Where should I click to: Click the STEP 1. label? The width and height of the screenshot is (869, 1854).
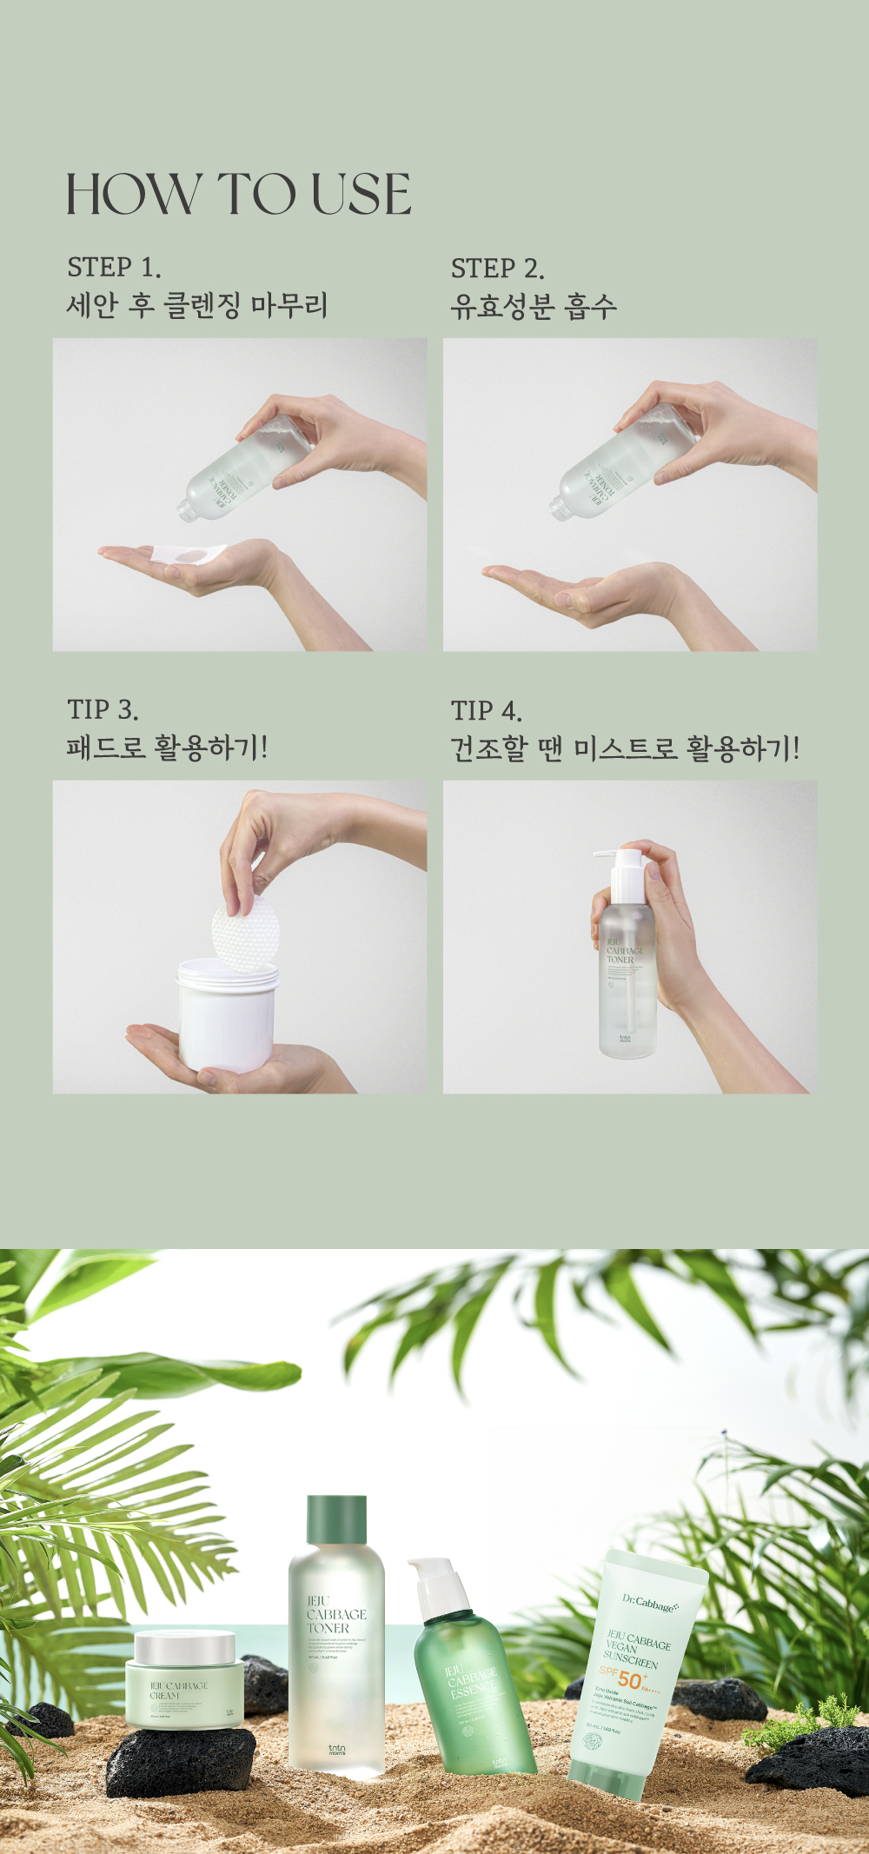click(114, 267)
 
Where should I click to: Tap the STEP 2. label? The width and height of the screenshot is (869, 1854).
click(497, 269)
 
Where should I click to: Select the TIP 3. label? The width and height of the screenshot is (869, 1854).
click(103, 709)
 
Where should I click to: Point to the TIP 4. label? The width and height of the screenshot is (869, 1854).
click(486, 711)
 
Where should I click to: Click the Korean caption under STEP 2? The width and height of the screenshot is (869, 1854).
click(533, 306)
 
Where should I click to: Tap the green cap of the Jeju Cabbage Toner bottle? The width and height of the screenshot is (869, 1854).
click(336, 1520)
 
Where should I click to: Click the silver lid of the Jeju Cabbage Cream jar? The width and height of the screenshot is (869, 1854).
click(185, 1645)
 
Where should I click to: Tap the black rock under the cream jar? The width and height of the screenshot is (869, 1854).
click(181, 1760)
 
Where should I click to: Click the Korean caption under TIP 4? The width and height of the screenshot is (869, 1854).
click(624, 748)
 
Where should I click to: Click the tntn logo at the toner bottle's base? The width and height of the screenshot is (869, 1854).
click(336, 1750)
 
